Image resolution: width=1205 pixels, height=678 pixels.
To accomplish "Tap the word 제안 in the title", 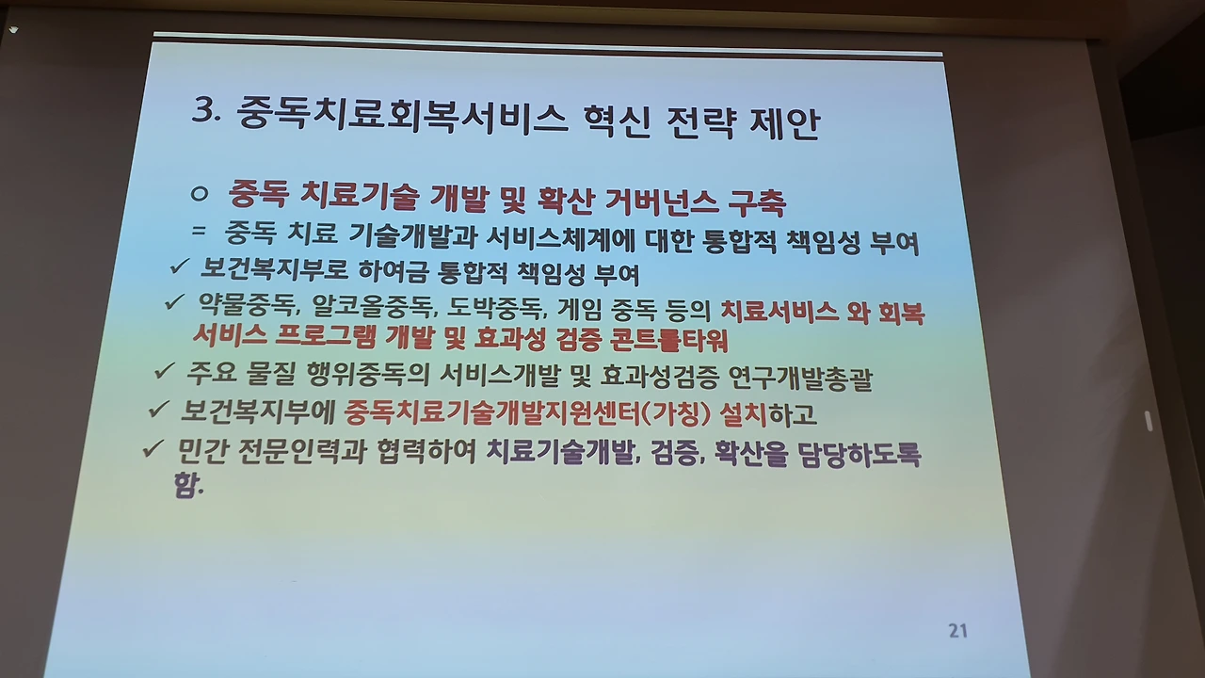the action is (x=785, y=123).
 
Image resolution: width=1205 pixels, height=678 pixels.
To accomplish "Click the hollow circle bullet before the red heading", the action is (x=199, y=193).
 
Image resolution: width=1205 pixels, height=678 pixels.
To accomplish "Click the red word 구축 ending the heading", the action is (x=757, y=202).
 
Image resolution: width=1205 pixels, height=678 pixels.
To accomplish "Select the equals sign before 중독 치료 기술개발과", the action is (x=199, y=231).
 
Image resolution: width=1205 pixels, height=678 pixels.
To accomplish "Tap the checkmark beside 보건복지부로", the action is (x=179, y=266).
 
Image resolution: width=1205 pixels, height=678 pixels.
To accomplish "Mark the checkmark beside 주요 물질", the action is (x=164, y=370).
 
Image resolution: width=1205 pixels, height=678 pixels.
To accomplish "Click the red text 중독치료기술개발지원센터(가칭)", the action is (x=527, y=413).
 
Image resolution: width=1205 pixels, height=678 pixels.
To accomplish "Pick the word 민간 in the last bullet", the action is (x=201, y=453).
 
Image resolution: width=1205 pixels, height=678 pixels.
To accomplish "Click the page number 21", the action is (x=957, y=631).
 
